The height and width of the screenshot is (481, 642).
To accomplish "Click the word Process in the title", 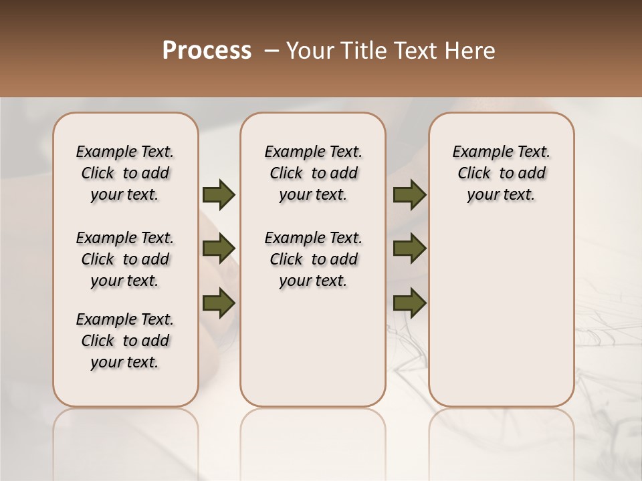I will pyautogui.click(x=207, y=51).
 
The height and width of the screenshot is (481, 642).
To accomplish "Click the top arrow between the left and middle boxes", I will pyautogui.click(x=219, y=195).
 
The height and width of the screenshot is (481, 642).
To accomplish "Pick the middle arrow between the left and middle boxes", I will pyautogui.click(x=219, y=249).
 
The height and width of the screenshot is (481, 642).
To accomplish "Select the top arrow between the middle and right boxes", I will pyautogui.click(x=409, y=195).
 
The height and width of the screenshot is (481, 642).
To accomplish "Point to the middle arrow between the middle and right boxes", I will pyautogui.click(x=409, y=249).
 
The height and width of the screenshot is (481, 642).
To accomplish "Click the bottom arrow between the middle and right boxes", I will pyautogui.click(x=409, y=303).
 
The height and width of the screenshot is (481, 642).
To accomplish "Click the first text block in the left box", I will pyautogui.click(x=125, y=173).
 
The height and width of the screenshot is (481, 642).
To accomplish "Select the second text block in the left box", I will pyautogui.click(x=125, y=259).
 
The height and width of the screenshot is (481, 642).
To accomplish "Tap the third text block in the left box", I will pyautogui.click(x=125, y=341).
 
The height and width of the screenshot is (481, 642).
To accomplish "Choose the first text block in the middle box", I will pyautogui.click(x=314, y=173).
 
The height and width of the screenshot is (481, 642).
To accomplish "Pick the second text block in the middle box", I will pyautogui.click(x=314, y=259).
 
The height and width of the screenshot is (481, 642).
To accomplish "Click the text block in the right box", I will pyautogui.click(x=501, y=173).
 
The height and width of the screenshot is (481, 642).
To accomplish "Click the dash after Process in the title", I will pyautogui.click(x=272, y=51).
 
